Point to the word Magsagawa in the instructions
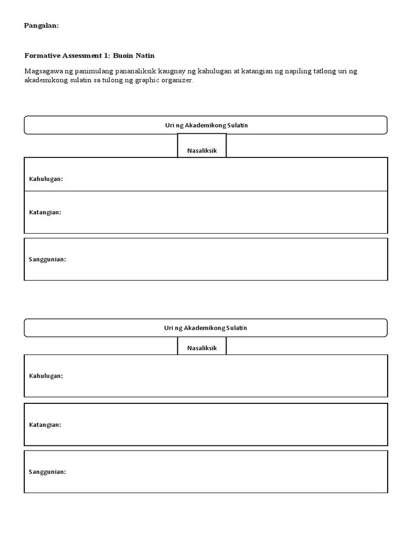pyautogui.click(x=44, y=71)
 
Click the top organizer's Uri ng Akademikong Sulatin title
pyautogui.click(x=206, y=125)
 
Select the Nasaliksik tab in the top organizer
pyautogui.click(x=202, y=151)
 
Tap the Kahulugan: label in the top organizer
pyautogui.click(x=46, y=179)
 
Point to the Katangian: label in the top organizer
pyautogui.click(x=45, y=212)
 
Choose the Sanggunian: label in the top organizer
pyautogui.click(x=47, y=259)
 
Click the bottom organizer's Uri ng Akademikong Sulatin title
pyautogui.click(x=206, y=328)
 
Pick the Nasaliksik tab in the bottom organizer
pyautogui.click(x=202, y=348)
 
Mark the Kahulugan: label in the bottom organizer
pyautogui.click(x=46, y=376)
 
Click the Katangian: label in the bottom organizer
pyautogui.click(x=45, y=425)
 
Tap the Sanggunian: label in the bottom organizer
pyautogui.click(x=47, y=472)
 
